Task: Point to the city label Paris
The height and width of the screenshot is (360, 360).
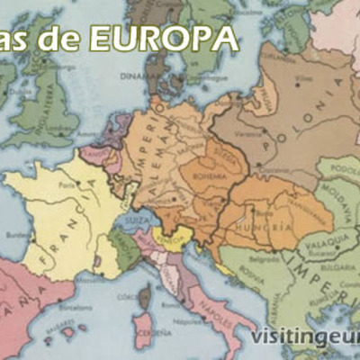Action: point(66,184)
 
